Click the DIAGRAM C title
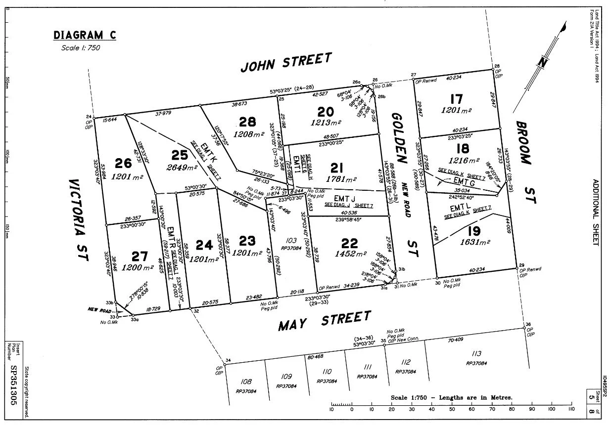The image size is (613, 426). [85, 35]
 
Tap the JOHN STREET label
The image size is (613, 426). [286, 63]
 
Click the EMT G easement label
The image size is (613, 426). [464, 182]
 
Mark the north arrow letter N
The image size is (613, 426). [542, 63]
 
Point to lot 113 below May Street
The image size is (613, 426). [476, 353]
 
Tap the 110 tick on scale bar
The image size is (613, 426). [571, 409]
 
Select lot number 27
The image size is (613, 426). [140, 256]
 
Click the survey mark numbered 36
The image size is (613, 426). [528, 324]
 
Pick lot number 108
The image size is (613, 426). [246, 382]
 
